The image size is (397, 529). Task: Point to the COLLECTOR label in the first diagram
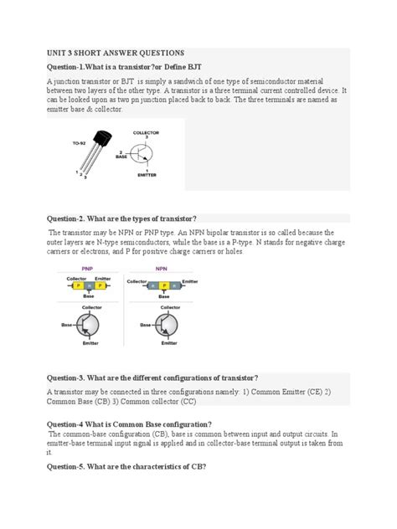pos(146,132)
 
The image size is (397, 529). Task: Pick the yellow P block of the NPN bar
pos(162,285)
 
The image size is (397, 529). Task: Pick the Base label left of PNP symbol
pos(66,324)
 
